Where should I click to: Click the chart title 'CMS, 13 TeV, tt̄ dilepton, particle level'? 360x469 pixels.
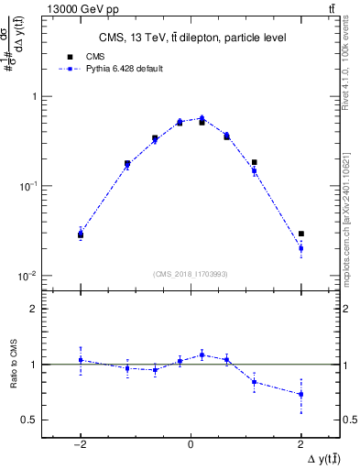point(191,38)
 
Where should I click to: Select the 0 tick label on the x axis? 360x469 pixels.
point(191,442)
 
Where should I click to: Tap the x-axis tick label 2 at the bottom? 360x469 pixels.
point(300,442)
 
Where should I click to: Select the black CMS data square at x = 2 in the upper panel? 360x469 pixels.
point(300,234)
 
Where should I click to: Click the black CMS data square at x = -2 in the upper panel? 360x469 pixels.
point(81,235)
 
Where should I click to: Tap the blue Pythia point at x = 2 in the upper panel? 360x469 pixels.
point(300,248)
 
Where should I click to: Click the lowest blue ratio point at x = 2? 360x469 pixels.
point(300,394)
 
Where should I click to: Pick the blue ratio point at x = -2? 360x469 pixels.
point(81,360)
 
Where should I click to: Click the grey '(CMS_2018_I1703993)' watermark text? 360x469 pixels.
point(191,273)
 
